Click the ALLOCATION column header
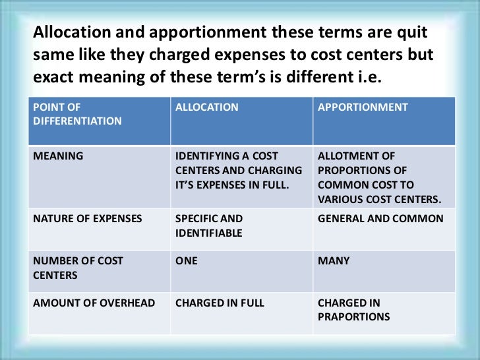coord(207,107)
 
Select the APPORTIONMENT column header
coord(363,107)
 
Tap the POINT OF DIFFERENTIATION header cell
coord(77,114)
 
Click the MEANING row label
coord(58,156)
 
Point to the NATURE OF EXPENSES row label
coord(88,218)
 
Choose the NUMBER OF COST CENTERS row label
coord(78,268)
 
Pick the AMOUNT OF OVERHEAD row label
coord(94,303)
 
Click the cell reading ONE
coord(187,261)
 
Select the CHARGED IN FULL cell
coord(220,303)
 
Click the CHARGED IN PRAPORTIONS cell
coord(353,310)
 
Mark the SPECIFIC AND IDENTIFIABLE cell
coord(209,225)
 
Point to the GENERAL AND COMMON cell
coord(380,218)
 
